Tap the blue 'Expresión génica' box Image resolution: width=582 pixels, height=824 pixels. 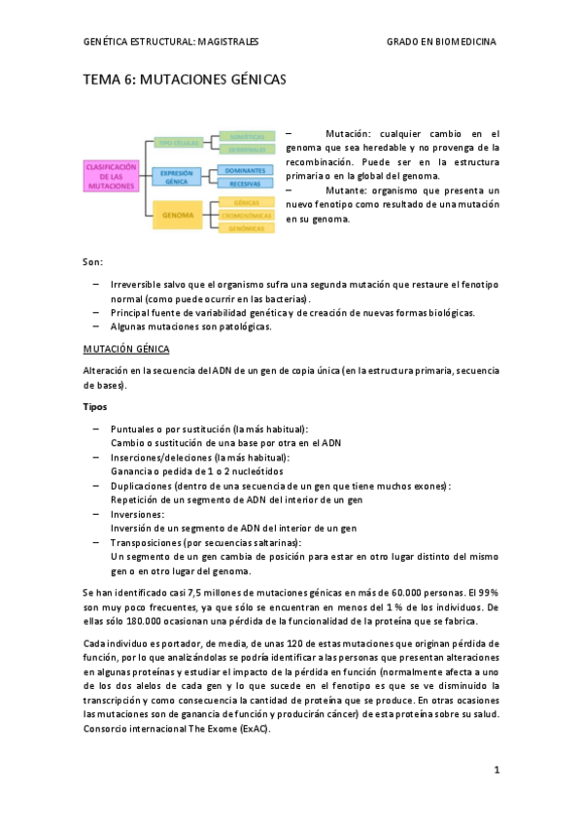coord(176,176)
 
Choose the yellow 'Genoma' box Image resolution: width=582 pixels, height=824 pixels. coord(178,214)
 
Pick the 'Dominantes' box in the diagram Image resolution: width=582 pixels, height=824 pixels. coord(245,170)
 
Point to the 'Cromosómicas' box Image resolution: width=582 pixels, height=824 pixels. coord(245,215)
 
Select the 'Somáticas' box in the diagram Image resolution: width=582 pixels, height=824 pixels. coord(245,137)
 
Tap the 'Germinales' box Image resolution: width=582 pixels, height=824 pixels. coord(245,150)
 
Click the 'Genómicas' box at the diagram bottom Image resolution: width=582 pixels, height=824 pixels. coord(245,227)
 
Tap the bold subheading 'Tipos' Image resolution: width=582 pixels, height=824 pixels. coord(94,406)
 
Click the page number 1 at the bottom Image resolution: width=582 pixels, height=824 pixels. coord(496,770)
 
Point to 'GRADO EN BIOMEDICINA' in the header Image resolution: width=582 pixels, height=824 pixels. coord(441,42)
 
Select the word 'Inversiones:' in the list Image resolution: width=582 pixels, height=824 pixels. coord(138,514)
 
